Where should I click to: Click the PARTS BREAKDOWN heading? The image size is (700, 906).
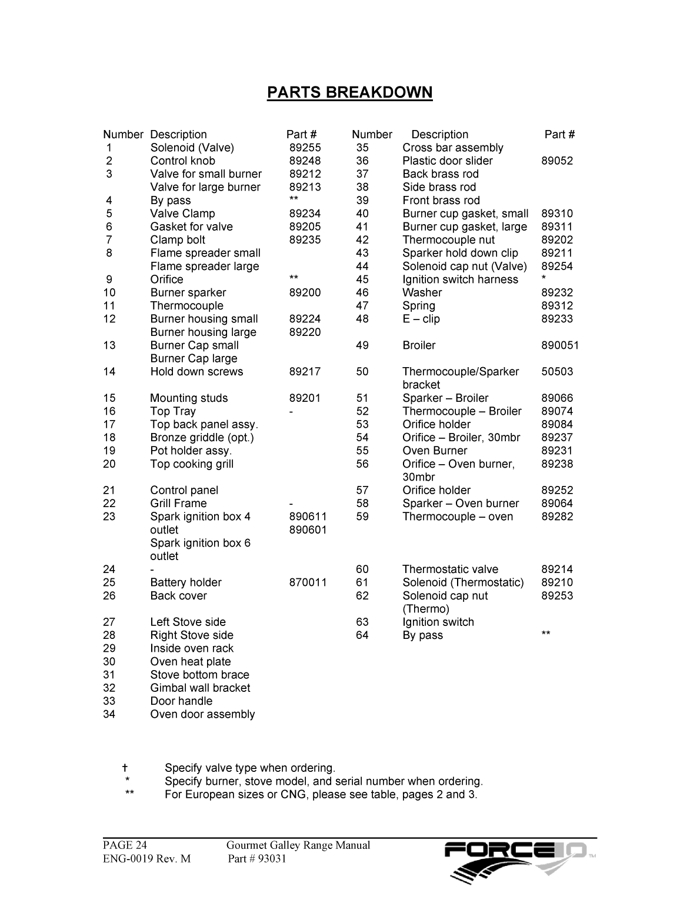349,92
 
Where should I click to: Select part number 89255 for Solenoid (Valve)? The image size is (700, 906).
305,148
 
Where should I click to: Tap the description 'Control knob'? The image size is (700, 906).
182,161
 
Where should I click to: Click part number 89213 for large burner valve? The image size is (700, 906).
305,187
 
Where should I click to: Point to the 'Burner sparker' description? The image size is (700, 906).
188,292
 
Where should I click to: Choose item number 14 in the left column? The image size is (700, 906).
109,371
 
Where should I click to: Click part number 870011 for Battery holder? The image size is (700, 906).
308,582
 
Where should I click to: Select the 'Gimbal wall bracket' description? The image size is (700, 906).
200,688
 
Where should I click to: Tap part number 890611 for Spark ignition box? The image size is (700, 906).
308,517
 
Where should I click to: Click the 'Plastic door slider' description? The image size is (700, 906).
447,161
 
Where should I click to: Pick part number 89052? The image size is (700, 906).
556,161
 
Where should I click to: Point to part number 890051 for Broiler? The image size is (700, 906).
559,345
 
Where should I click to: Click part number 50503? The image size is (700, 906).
556,371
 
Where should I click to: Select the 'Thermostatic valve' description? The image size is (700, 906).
450,569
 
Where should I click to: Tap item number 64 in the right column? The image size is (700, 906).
362,635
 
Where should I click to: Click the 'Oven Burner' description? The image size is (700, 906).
435,451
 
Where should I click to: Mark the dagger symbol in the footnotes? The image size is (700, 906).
125,768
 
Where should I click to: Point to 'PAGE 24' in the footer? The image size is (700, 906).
125,845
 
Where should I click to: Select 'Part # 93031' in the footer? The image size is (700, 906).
257,858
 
